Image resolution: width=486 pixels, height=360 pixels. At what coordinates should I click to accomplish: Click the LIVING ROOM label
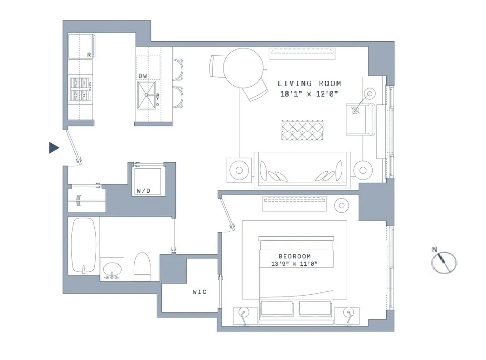point(309,83)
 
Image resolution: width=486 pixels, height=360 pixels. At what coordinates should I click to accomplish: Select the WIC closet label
point(199,292)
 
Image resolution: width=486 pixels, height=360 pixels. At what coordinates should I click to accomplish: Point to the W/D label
point(143,191)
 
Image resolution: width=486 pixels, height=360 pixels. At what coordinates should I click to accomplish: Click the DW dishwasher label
point(143,76)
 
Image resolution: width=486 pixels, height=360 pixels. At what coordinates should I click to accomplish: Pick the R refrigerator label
point(89,55)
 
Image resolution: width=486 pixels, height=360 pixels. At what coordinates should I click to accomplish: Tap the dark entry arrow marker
point(54,147)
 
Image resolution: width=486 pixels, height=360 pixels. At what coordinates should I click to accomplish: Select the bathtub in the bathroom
point(84,245)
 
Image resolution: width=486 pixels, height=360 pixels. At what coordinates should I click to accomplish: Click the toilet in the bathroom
point(142,268)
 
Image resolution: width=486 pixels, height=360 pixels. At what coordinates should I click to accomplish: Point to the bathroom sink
point(112,270)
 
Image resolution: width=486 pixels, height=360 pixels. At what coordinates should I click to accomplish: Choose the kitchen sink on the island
point(149,95)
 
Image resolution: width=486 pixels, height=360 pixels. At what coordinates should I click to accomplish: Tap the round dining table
point(243,68)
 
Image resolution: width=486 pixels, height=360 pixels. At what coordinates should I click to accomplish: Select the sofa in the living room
point(302,169)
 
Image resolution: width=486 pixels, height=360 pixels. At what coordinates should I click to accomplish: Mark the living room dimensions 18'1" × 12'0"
point(309,94)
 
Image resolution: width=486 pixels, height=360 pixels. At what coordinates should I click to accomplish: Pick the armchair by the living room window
point(360,119)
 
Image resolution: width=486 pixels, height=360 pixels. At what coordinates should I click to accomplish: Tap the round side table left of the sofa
point(239,170)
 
